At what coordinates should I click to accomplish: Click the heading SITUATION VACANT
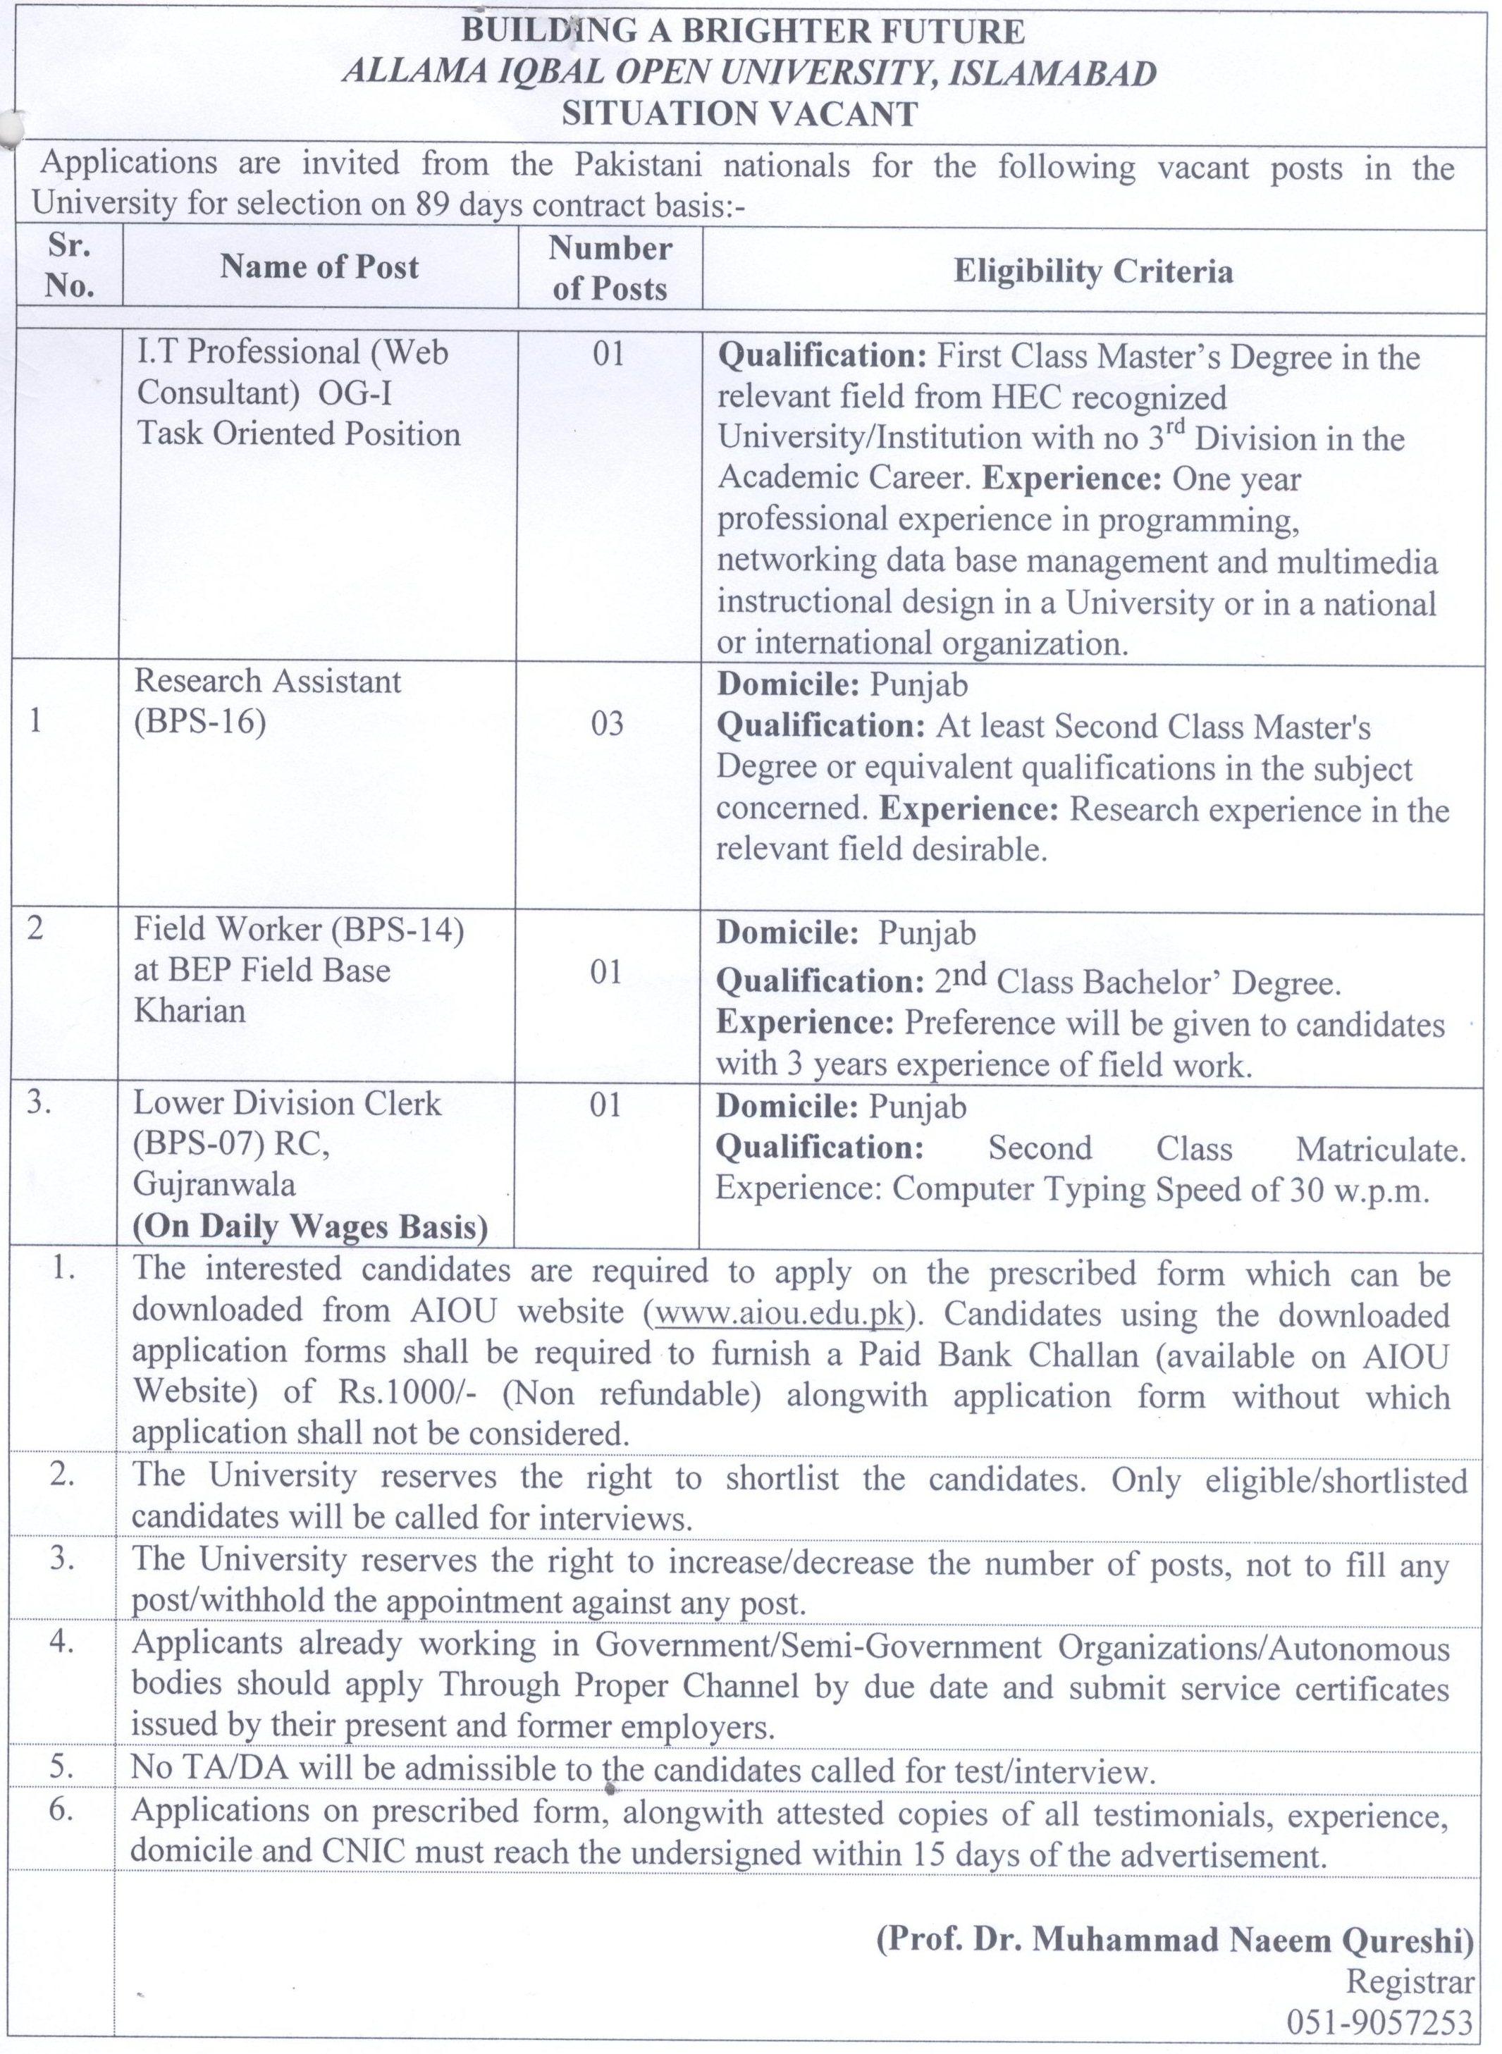(739, 113)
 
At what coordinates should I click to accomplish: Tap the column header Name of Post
(319, 266)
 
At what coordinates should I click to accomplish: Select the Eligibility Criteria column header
(1093, 271)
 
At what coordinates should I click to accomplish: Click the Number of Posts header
(609, 269)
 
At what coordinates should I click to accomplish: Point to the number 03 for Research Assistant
(608, 724)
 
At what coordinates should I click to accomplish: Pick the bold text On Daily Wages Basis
(310, 1226)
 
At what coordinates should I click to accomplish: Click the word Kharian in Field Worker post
(190, 1010)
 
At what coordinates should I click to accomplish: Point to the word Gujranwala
(214, 1184)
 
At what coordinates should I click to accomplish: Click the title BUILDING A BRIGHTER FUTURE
(743, 31)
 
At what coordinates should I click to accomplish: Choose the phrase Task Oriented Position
(299, 433)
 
